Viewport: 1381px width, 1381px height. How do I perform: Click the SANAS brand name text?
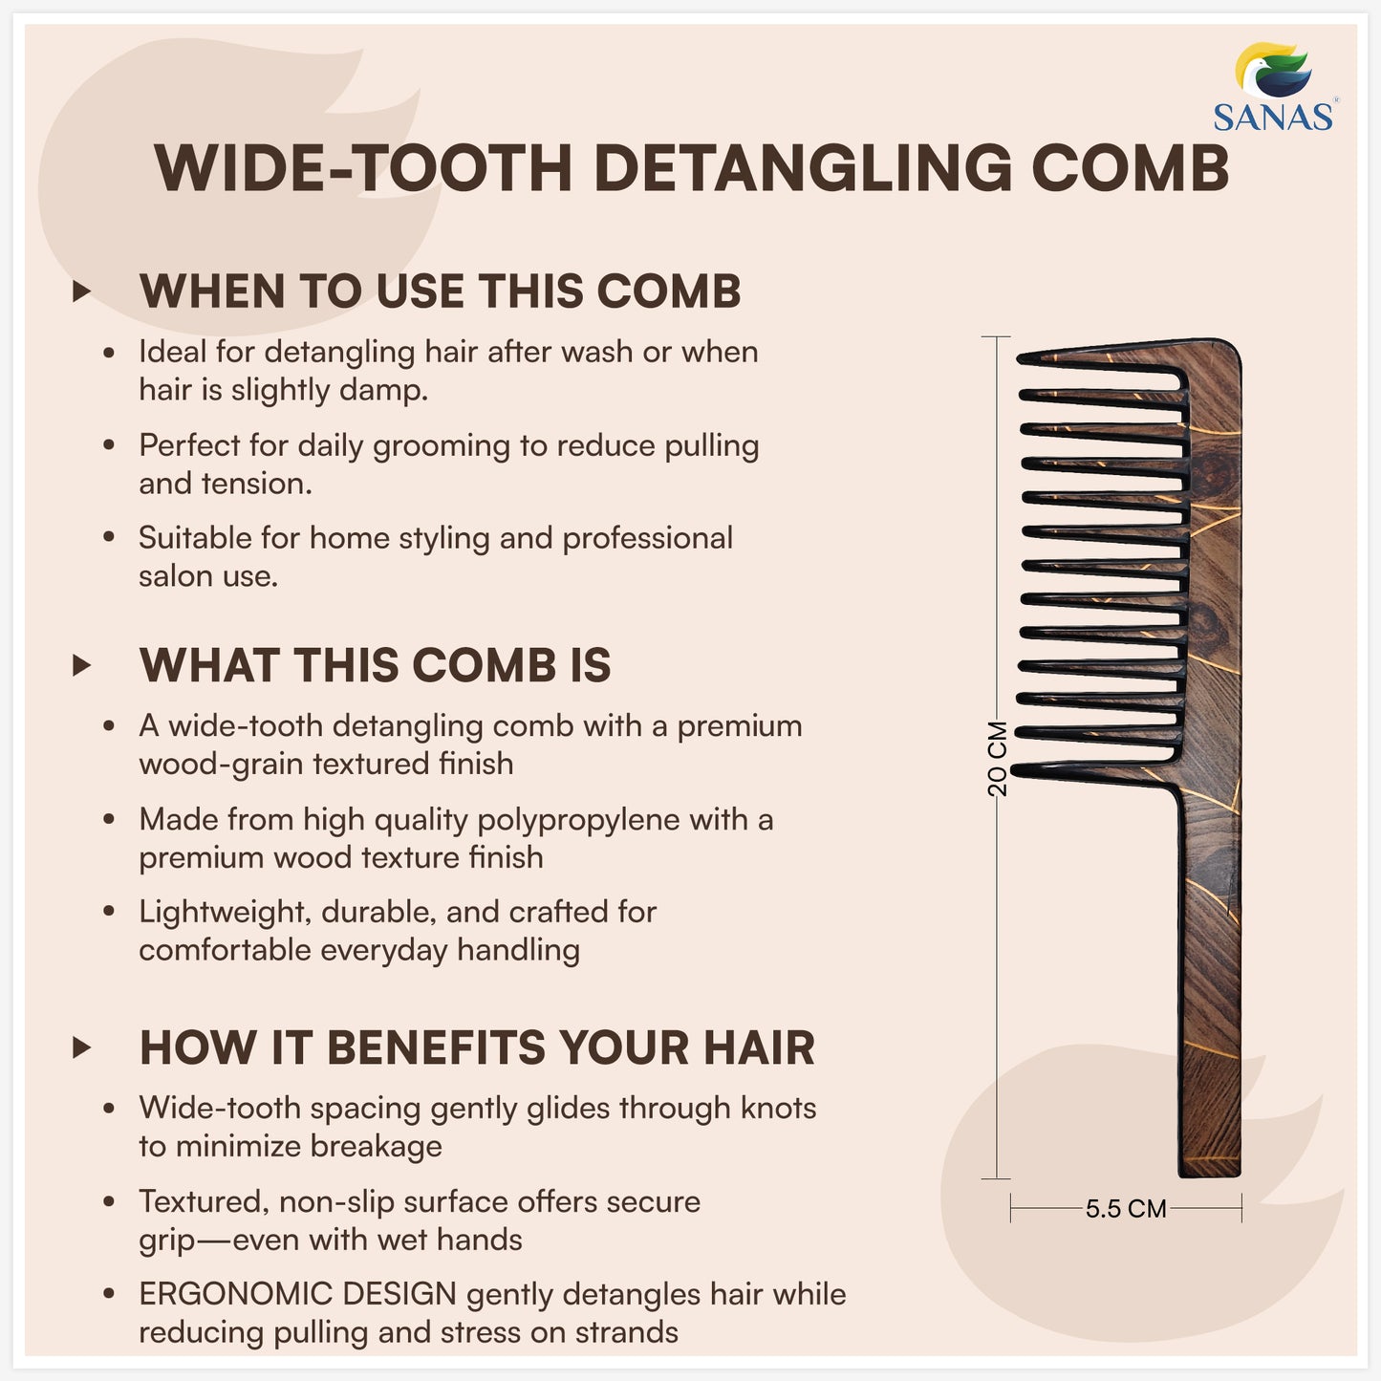click(1273, 117)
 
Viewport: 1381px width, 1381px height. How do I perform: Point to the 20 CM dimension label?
click(997, 759)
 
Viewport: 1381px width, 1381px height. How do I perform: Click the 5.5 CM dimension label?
click(1126, 1209)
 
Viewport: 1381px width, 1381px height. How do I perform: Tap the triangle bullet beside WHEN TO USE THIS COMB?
click(82, 291)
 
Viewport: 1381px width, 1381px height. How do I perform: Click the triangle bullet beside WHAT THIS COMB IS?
click(82, 665)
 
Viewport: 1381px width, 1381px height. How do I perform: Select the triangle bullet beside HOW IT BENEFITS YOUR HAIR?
click(82, 1047)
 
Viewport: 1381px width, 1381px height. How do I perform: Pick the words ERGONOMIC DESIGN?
click(297, 1294)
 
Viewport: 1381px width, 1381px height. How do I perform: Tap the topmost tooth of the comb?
click(1099, 359)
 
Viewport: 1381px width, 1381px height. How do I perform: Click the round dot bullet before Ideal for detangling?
click(109, 353)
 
